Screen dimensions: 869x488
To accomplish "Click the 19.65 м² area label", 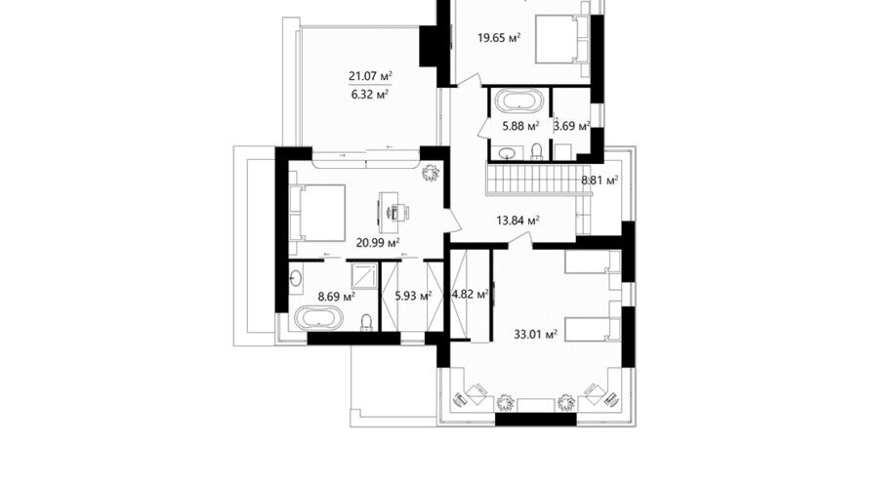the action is click(499, 38).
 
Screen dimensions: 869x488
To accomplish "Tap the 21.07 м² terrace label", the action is click(371, 75).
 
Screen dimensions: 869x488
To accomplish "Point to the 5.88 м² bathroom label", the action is click(521, 126).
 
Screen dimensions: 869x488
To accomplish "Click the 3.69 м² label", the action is click(571, 126).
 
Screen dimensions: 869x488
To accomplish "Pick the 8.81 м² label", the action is click(600, 180).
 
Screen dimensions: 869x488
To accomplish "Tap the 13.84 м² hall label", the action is click(518, 221).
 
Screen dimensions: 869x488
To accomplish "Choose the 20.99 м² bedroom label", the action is click(379, 242).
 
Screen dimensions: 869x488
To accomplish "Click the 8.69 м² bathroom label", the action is click(337, 297).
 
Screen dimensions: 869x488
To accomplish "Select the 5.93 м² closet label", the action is click(413, 296).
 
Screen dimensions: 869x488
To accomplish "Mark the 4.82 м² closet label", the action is click(471, 294).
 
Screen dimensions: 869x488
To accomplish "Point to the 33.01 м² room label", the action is click(535, 335).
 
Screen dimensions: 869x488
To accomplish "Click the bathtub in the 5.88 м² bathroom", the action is click(518, 101).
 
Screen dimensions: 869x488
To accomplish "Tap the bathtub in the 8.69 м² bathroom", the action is click(318, 318).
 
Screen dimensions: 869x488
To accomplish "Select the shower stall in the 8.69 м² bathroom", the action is click(363, 275).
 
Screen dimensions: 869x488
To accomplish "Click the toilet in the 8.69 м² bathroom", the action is click(366, 322).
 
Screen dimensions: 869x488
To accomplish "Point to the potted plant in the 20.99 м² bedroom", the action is click(431, 174).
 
